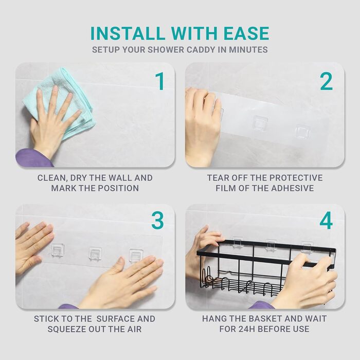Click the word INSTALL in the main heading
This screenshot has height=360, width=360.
(128, 33)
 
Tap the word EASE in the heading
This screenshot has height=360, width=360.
(246, 33)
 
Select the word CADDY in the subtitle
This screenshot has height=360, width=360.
(201, 50)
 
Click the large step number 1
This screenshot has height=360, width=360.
(160, 81)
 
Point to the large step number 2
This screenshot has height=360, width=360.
(326, 81)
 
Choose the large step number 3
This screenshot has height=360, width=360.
(158, 221)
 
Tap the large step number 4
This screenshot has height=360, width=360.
(326, 221)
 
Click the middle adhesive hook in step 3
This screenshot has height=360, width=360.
(96, 254)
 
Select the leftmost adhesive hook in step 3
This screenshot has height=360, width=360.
(58, 250)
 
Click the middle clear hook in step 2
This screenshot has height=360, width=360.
(260, 123)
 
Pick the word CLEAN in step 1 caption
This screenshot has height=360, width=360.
(51, 178)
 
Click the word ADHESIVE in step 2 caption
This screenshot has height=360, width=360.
(293, 188)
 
